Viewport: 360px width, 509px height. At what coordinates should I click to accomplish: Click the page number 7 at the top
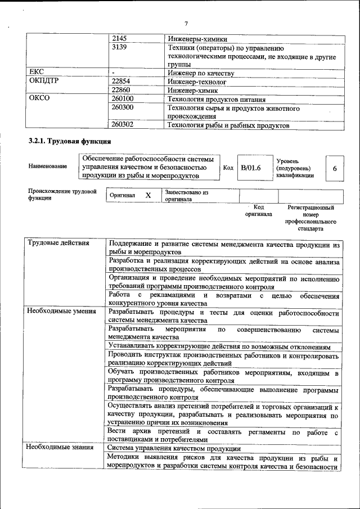click(x=186, y=23)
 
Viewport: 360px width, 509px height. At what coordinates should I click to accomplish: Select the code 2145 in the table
click(x=119, y=39)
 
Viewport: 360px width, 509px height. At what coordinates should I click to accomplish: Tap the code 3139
click(x=119, y=48)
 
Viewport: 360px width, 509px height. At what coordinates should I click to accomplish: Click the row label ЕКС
click(x=37, y=73)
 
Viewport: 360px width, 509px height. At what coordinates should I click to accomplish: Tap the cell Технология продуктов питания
click(x=214, y=98)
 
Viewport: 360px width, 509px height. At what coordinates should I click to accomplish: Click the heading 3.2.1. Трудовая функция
click(x=70, y=141)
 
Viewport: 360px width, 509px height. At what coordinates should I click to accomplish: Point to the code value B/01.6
click(x=251, y=167)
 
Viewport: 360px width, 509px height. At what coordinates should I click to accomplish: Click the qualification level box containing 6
click(x=335, y=168)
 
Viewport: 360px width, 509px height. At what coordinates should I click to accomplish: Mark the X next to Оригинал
click(x=148, y=195)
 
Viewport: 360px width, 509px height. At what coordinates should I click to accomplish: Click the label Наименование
click(x=47, y=166)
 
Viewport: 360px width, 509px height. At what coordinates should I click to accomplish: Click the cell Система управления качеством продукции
click(x=174, y=448)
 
